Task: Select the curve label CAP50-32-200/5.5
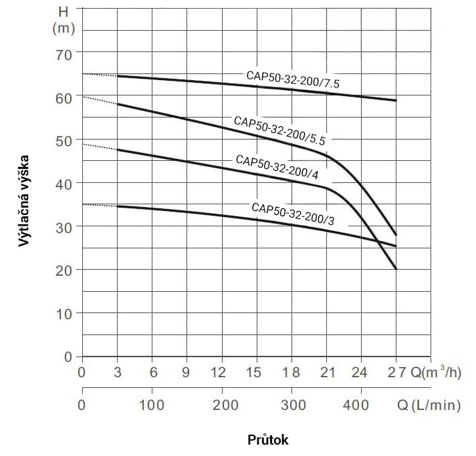tap(279, 130)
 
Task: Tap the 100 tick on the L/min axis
tap(152, 405)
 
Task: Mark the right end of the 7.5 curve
tap(396, 100)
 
